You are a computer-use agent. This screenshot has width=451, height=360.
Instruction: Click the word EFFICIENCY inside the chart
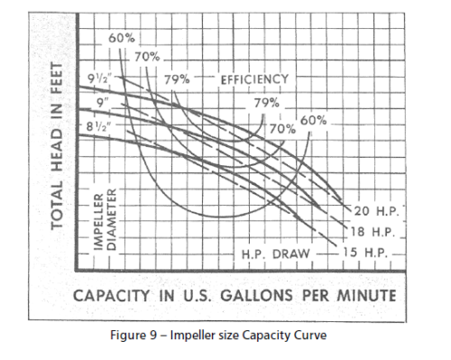[254, 79]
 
